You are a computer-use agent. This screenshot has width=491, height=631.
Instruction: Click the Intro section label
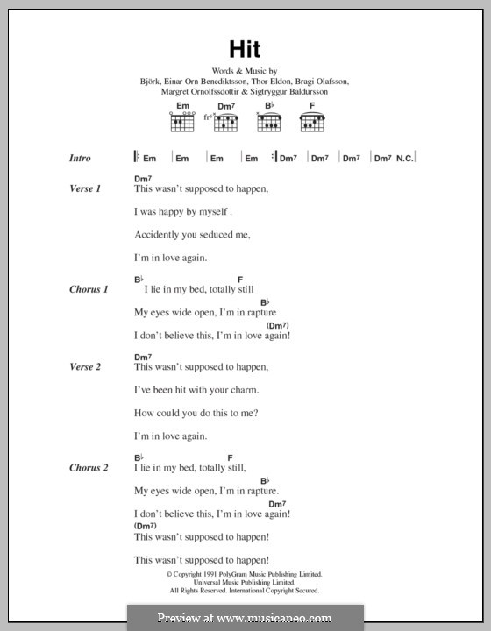(x=81, y=158)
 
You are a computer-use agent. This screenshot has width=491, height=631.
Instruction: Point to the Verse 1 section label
(x=85, y=188)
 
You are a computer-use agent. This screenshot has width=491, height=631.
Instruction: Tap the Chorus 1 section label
(x=89, y=288)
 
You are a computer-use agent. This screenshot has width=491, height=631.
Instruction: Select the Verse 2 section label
(x=85, y=367)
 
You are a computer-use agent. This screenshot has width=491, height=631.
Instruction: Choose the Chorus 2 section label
(x=89, y=468)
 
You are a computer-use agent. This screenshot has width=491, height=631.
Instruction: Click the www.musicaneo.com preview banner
(x=245, y=617)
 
